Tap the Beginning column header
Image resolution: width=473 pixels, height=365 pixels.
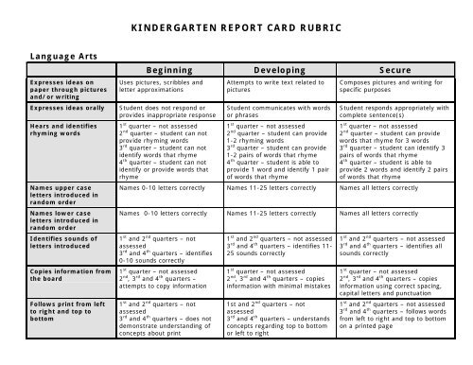click(170, 71)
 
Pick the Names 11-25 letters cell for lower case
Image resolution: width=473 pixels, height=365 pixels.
click(266, 215)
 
